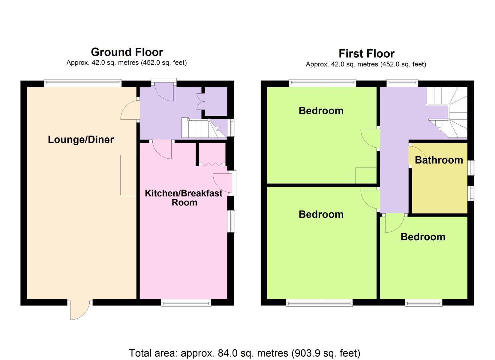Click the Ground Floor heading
127,52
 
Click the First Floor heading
366,53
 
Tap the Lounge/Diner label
81,139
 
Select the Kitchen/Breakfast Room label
184,198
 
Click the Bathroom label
439,160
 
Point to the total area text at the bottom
244,353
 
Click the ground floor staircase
200,128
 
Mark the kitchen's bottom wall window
186,302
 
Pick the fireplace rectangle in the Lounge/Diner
128,175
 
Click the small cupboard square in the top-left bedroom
366,175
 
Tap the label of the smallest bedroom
423,237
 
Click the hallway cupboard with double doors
215,101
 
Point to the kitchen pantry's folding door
212,164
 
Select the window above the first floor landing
402,83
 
